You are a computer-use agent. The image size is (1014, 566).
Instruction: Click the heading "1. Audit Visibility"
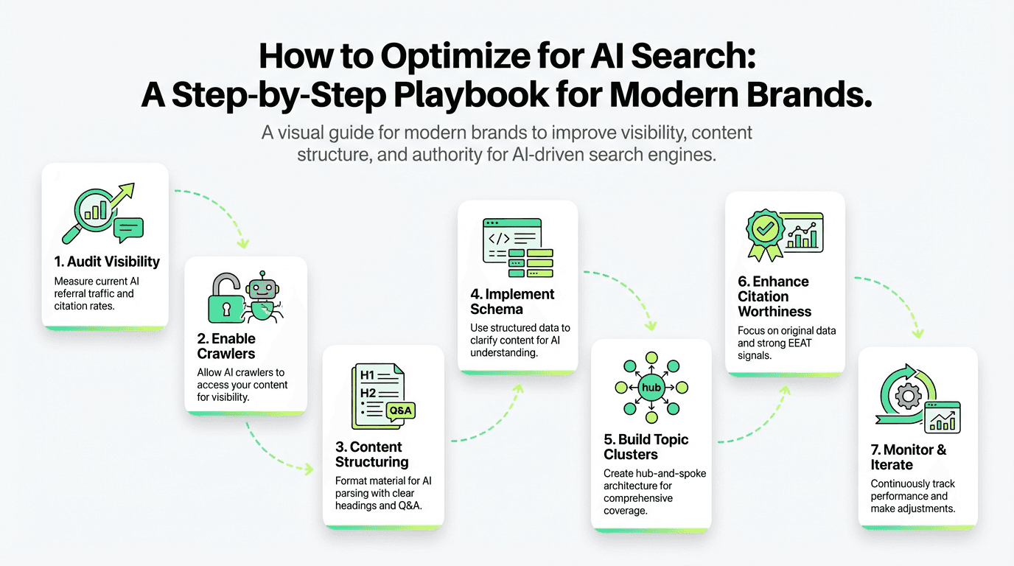pyautogui.click(x=107, y=262)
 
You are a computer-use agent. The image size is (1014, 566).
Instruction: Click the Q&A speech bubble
pyautogui.click(x=401, y=410)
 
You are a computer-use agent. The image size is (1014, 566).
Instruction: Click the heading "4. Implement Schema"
pyautogui.click(x=513, y=302)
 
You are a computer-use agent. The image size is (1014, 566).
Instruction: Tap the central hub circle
pyautogui.click(x=651, y=387)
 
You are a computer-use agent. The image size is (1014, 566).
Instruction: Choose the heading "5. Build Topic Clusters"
pyautogui.click(x=646, y=447)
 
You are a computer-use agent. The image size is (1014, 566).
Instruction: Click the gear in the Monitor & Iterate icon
pyautogui.click(x=907, y=397)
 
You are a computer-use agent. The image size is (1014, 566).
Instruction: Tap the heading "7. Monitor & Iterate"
pyautogui.click(x=909, y=457)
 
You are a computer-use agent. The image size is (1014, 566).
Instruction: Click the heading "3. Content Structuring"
pyautogui.click(x=371, y=454)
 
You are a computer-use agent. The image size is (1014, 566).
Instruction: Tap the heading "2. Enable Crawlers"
pyautogui.click(x=226, y=346)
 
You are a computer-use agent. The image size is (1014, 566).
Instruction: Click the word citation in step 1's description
pyautogui.click(x=74, y=305)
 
